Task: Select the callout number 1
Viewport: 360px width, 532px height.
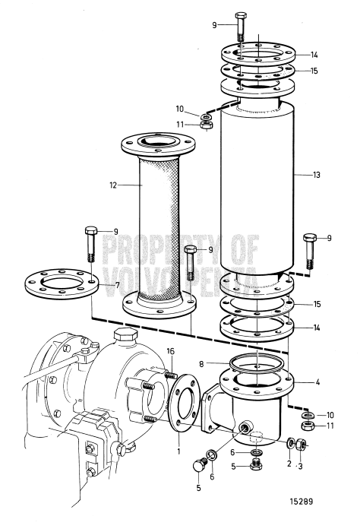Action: [179, 450]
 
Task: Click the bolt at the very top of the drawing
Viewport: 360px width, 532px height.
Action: [242, 27]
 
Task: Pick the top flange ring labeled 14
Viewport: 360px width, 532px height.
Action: [258, 54]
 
